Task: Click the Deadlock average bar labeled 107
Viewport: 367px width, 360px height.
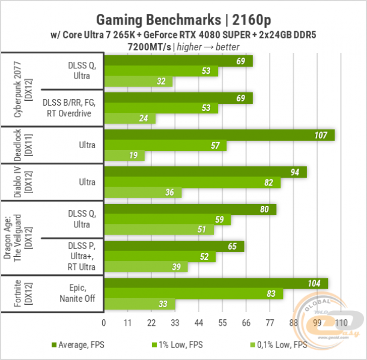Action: pos(219,135)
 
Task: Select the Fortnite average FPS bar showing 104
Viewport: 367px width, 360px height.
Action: pos(216,283)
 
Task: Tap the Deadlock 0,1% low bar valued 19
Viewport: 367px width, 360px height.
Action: pos(124,156)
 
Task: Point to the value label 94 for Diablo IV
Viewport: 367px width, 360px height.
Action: pos(295,172)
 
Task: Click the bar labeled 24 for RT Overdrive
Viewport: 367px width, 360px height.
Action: pos(130,119)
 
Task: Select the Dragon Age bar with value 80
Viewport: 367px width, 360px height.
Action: pos(190,209)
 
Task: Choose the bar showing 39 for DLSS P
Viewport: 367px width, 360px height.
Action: pos(146,267)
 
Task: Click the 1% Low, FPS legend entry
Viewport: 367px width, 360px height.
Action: pos(174,344)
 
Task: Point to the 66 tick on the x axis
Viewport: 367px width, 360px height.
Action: pos(246,323)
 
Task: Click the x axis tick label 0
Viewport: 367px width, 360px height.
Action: pos(104,323)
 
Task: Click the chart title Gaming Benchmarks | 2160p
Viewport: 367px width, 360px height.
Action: pos(183,17)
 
